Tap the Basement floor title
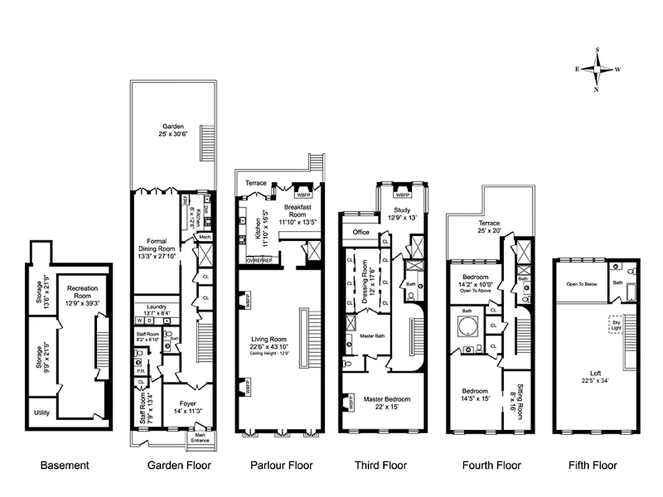[65, 465]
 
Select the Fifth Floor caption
[593, 465]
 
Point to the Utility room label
[42, 413]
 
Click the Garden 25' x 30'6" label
[173, 130]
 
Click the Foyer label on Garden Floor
[188, 407]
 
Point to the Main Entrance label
[200, 438]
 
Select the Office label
[361, 232]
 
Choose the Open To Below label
[582, 284]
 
